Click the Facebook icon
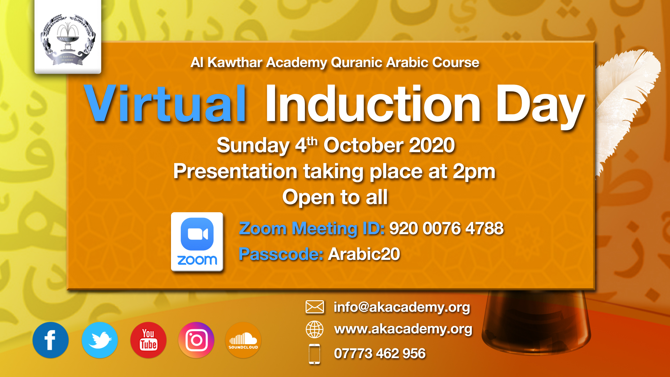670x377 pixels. (x=51, y=340)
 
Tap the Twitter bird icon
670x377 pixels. (x=100, y=340)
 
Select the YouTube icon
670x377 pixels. (x=148, y=340)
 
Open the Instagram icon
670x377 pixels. (x=196, y=340)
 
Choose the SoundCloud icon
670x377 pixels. (x=243, y=340)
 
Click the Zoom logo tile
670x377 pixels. (x=197, y=242)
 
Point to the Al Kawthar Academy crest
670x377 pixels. (x=68, y=39)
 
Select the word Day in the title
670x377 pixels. (x=540, y=106)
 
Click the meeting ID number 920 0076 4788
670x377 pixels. (x=446, y=229)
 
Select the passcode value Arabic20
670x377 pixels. (x=364, y=254)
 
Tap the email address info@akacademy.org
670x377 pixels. (x=402, y=307)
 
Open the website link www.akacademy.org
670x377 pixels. (x=403, y=329)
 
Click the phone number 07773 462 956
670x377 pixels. (x=380, y=354)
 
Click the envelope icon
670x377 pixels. (x=315, y=307)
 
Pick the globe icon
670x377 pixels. (x=315, y=330)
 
